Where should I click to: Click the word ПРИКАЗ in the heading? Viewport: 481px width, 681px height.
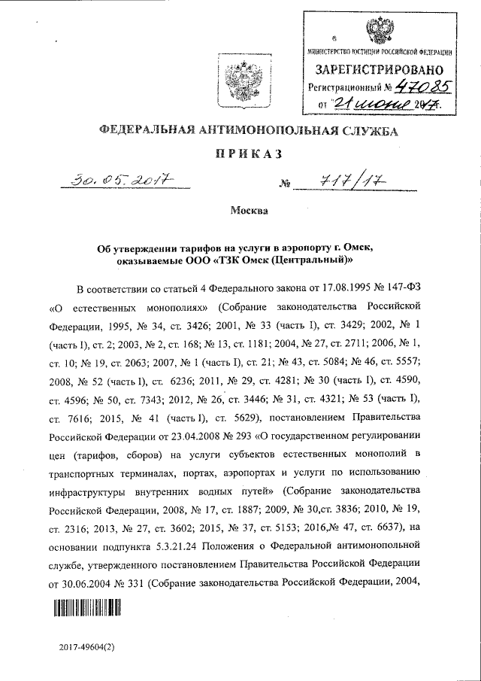(x=246, y=154)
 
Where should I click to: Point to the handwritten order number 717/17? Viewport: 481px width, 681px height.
(x=337, y=181)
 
